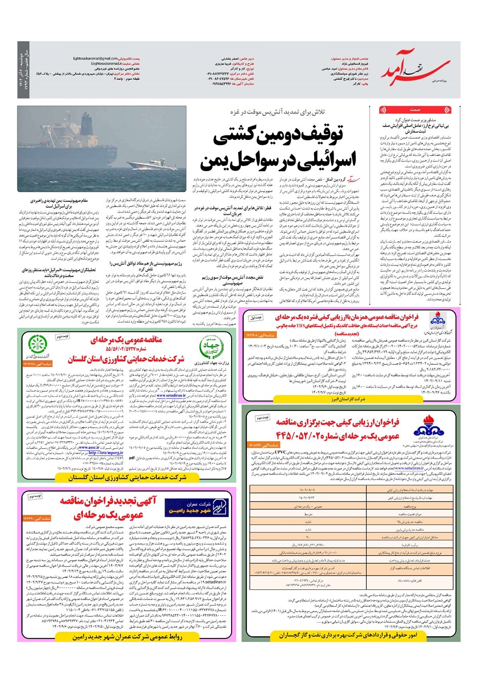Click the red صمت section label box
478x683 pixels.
415,110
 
